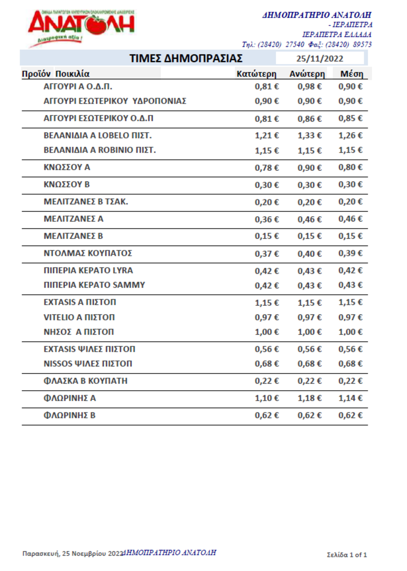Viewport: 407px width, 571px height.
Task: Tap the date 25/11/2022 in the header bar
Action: coord(319,59)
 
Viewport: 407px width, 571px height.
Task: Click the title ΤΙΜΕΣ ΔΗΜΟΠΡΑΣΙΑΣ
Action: coord(186,58)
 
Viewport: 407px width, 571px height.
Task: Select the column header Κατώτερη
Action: coord(256,74)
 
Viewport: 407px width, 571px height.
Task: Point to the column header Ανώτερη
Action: coord(307,74)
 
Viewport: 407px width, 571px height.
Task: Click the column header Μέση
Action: coord(352,74)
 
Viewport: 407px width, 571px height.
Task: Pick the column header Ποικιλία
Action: coord(72,74)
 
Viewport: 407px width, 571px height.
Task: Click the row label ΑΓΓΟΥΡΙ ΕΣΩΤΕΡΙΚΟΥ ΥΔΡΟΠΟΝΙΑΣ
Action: coord(115,101)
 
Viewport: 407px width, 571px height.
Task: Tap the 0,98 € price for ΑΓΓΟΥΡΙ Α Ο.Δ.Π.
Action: coord(309,86)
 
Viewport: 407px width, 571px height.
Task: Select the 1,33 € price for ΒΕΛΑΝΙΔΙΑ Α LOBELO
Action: coord(309,136)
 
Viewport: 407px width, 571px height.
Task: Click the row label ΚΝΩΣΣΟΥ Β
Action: coord(66,184)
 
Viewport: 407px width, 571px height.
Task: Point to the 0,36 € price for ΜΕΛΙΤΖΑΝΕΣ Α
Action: coord(267,219)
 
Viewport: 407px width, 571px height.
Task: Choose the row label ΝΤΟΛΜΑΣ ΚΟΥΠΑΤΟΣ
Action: coord(88,253)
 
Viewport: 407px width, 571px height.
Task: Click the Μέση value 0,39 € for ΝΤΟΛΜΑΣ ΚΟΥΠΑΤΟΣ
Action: coord(350,253)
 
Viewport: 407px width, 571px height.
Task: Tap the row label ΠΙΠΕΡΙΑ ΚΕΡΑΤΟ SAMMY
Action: coord(94,285)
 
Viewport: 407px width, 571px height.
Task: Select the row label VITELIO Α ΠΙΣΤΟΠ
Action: coord(79,317)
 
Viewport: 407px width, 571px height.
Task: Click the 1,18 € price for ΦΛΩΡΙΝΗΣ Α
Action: coord(309,398)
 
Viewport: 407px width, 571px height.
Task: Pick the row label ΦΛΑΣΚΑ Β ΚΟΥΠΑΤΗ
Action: coord(85,381)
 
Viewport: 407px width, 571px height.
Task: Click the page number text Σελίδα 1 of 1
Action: coord(347,555)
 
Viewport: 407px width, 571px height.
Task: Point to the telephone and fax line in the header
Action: coord(307,44)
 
